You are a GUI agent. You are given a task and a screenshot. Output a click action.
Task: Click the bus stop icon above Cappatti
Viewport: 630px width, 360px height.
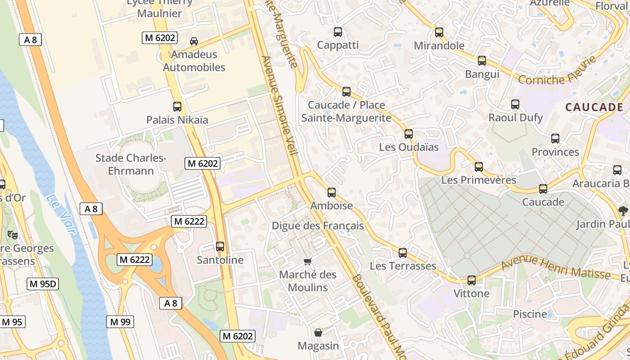pyautogui.click(x=338, y=32)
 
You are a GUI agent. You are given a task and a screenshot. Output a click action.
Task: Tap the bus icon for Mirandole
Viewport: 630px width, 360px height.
pyautogui.click(x=439, y=32)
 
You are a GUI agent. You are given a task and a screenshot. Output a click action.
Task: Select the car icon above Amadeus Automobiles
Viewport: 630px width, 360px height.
pyautogui.click(x=194, y=41)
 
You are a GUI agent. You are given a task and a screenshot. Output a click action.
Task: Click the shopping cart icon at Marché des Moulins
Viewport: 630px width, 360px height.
pyautogui.click(x=308, y=261)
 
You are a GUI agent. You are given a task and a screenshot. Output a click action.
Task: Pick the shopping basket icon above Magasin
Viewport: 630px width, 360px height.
pyautogui.click(x=318, y=333)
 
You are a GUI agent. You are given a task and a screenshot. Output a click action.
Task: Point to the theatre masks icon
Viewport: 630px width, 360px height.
pyautogui.click(x=13, y=234)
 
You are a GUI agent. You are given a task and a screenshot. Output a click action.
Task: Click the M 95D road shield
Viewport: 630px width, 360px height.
pyautogui.click(x=43, y=284)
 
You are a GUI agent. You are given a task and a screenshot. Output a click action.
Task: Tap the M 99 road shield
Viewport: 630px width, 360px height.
pyautogui.click(x=120, y=322)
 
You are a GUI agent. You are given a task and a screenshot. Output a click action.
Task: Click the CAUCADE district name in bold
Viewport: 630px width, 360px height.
pyautogui.click(x=594, y=107)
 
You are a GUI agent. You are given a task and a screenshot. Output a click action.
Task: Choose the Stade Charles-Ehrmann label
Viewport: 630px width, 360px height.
pyautogui.click(x=131, y=164)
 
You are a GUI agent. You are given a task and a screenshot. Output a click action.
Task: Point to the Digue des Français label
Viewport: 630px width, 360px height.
pyautogui.click(x=318, y=226)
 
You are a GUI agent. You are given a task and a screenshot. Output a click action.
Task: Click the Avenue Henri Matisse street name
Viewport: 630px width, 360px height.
pyautogui.click(x=556, y=267)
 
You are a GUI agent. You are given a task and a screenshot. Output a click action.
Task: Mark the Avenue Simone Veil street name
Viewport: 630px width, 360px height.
pyautogui.click(x=279, y=106)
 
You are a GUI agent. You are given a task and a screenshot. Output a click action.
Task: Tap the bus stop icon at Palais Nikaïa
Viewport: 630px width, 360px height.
pyautogui.click(x=177, y=107)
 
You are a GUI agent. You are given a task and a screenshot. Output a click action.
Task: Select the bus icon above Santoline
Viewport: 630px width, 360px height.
pyautogui.click(x=220, y=247)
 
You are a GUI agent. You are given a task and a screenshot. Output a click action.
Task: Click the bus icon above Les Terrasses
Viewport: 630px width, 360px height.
pyautogui.click(x=403, y=253)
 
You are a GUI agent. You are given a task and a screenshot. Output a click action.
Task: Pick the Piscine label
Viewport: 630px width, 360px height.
pyautogui.click(x=530, y=314)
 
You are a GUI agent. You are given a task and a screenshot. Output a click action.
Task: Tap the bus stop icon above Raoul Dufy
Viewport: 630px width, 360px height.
pyautogui.click(x=515, y=104)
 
